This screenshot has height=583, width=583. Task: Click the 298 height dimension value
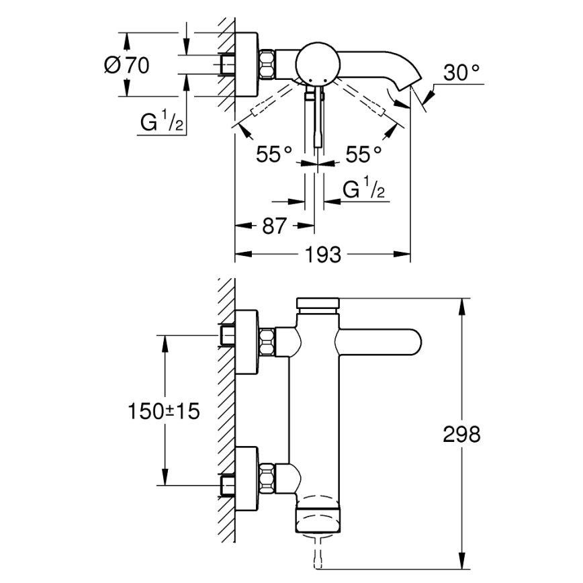click(461, 435)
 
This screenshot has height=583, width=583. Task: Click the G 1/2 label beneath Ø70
click(162, 124)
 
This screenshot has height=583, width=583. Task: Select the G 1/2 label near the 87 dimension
click(363, 191)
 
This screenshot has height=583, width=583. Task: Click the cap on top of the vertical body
click(319, 303)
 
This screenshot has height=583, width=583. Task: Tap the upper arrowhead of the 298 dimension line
click(462, 303)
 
